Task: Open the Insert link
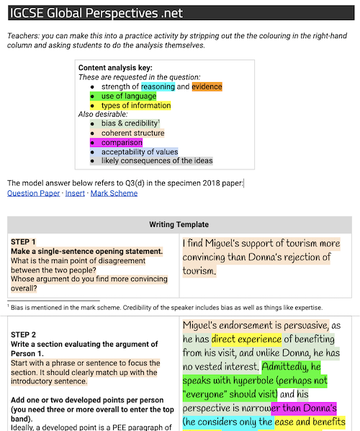tap(75, 193)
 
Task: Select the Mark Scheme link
tap(114, 193)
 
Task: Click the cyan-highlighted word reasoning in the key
tap(158, 86)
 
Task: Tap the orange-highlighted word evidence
tap(207, 86)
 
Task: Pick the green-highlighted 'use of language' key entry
tap(128, 96)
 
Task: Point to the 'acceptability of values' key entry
tap(139, 151)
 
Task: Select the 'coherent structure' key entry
tap(132, 133)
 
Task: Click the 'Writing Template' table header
tap(179, 224)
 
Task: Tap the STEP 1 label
tap(23, 241)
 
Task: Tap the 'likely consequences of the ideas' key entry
tap(156, 161)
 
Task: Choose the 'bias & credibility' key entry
tap(129, 123)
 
